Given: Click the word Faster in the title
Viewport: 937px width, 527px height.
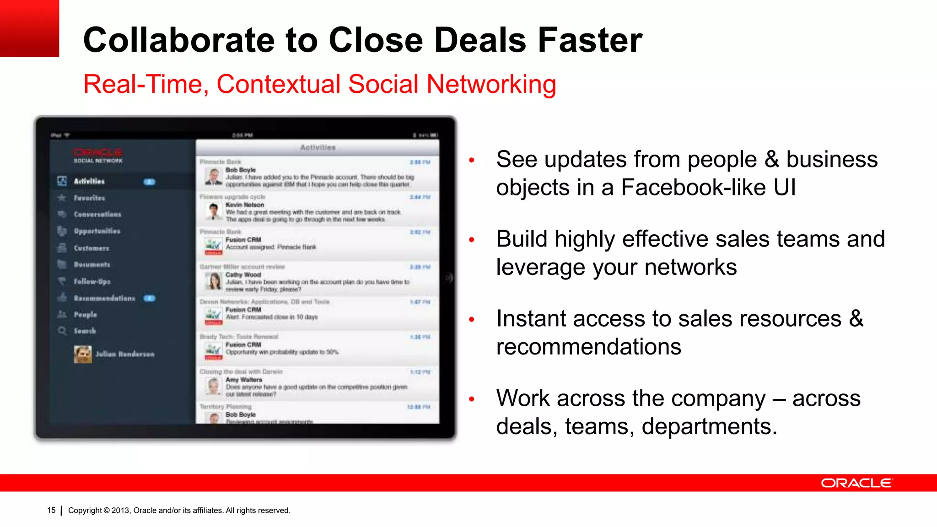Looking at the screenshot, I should point(590,40).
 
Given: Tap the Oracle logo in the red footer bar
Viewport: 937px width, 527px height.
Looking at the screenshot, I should point(856,483).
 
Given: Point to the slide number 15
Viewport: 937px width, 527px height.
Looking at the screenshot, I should point(51,510).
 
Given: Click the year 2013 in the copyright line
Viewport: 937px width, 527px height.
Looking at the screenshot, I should point(120,511).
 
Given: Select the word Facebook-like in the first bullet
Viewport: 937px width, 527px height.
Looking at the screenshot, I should point(693,188).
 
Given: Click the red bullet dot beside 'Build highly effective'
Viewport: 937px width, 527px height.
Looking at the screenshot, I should point(472,240).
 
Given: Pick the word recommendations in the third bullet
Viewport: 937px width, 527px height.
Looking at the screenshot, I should point(588,347).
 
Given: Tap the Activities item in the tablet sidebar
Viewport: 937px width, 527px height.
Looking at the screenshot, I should point(89,182).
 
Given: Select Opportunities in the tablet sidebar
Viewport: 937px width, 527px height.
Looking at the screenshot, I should point(97,231).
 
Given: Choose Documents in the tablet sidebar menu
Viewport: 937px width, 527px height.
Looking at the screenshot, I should point(92,265).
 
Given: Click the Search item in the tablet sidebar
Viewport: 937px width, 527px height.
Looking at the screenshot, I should point(85,331).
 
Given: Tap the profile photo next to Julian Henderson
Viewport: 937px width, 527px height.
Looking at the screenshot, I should point(82,354).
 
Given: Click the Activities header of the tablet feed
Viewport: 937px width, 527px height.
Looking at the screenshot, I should point(318,148).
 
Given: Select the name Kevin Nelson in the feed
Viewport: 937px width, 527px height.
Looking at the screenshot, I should point(245,205).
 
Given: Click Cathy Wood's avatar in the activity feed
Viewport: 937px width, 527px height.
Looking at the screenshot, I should point(214,281).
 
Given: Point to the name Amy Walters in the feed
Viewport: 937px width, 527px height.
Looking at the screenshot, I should point(244,380).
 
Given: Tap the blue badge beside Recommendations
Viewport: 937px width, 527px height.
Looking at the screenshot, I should point(149,298).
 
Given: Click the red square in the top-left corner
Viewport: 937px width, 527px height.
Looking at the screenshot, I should point(29,28).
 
